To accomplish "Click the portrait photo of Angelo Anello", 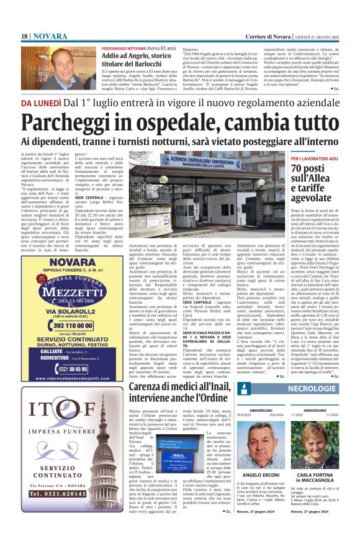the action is coord(60,68).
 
